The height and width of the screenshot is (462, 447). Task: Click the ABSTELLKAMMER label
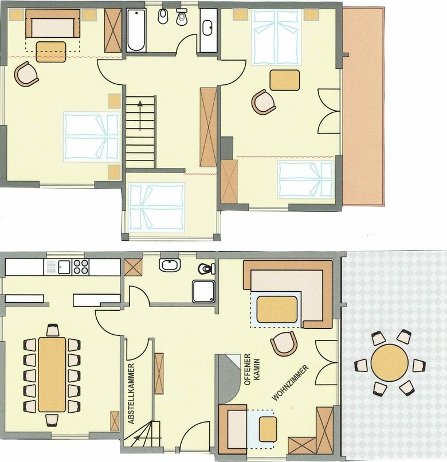131,393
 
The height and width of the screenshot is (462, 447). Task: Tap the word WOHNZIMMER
291,383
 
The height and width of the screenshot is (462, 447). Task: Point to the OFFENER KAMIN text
252,369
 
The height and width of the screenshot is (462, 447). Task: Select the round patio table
390,362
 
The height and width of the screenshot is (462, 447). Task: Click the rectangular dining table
52,374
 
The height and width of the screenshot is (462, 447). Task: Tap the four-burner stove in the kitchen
80,267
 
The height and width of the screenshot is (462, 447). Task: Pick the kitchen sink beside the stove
64,267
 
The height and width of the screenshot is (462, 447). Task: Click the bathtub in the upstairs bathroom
136,30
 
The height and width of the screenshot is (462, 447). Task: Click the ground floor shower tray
203,291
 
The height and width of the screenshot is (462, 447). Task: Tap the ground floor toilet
206,268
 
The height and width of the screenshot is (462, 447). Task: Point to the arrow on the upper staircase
140,116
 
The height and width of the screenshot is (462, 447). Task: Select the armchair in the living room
284,343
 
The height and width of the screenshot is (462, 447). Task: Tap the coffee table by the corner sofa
277,310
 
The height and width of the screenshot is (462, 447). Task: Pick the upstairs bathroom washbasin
209,28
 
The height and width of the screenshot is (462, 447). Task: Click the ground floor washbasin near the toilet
170,265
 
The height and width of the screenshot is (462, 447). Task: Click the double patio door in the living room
326,362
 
